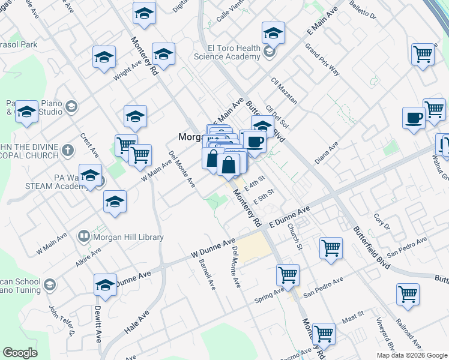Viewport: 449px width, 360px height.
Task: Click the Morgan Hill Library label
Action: tap(128, 237)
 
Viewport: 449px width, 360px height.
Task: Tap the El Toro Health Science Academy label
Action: tap(227, 52)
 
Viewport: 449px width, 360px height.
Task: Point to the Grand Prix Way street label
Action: tap(322, 59)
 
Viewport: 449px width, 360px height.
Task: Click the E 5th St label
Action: tap(264, 196)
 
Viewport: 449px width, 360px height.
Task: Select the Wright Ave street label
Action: tap(123, 73)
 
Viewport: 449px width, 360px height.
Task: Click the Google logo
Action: tap(20, 353)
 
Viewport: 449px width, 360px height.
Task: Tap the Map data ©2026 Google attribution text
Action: tap(411, 355)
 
